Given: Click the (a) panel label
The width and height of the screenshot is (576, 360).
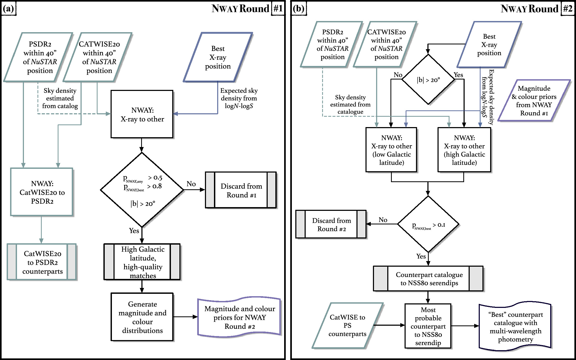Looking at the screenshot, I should pyautogui.click(x=9, y=9).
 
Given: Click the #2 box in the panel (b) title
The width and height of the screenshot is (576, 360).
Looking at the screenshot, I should pyautogui.click(x=567, y=9).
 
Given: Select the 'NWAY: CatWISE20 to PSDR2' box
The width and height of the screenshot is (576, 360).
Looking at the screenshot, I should pyautogui.click(x=42, y=192).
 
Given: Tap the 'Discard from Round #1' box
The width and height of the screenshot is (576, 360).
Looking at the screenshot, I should pyautogui.click(x=241, y=190).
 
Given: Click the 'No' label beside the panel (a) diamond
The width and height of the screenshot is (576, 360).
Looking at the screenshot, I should pyautogui.click(x=191, y=184).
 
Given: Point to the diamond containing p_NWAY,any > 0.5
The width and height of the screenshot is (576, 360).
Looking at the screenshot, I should pyautogui.click(x=142, y=190).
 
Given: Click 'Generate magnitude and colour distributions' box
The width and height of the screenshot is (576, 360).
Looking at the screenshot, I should pyautogui.click(x=142, y=317).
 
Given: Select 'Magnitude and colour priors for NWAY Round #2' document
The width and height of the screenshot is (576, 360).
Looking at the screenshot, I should pyautogui.click(x=239, y=317).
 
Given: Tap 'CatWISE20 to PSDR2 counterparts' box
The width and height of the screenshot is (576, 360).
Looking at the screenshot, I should pyautogui.click(x=42, y=262).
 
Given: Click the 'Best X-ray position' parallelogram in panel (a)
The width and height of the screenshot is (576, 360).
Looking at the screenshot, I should pyautogui.click(x=218, y=57).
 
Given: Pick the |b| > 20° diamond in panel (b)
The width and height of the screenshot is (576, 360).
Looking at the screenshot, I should pyautogui.click(x=428, y=79).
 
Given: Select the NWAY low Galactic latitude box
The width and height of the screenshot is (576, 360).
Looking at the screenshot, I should pyautogui.click(x=391, y=150).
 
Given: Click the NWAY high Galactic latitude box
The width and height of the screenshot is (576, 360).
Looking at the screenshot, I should pyautogui.click(x=464, y=150).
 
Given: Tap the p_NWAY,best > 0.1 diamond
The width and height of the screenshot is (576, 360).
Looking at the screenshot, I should pyautogui.click(x=428, y=224).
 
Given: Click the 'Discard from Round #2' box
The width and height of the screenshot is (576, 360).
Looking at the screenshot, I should pyautogui.click(x=331, y=224).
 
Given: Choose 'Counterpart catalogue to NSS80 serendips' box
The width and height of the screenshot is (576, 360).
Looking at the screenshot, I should pyautogui.click(x=428, y=279).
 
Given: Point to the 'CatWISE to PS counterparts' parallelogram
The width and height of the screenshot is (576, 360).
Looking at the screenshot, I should pyautogui.click(x=347, y=325).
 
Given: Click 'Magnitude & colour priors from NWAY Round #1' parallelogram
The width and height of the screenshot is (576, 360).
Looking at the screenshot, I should pyautogui.click(x=534, y=101).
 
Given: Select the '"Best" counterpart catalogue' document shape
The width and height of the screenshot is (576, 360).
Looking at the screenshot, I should pyautogui.click(x=515, y=326).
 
